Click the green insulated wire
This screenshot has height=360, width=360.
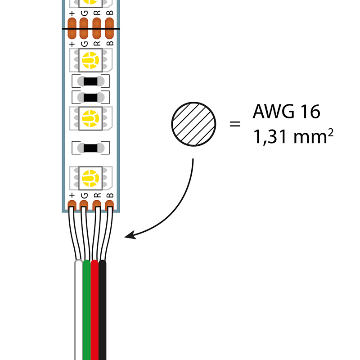click(x=87, y=310)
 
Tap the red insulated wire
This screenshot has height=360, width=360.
click(x=94, y=310)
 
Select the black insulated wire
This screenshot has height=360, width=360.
click(x=103, y=310)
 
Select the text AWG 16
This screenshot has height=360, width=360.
click(x=286, y=112)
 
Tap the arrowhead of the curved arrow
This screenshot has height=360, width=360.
click(x=130, y=235)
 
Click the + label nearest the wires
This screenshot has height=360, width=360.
click(x=72, y=195)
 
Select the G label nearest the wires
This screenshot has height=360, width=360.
click(x=84, y=195)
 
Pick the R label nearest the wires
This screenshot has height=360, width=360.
click(x=96, y=195)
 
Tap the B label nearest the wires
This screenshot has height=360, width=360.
click(x=108, y=195)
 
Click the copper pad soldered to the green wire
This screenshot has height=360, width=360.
click(x=84, y=206)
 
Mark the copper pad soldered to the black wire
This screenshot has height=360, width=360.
click(x=108, y=206)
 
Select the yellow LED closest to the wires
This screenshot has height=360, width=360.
click(x=90, y=176)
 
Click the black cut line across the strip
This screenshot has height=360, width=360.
click(x=90, y=30)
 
